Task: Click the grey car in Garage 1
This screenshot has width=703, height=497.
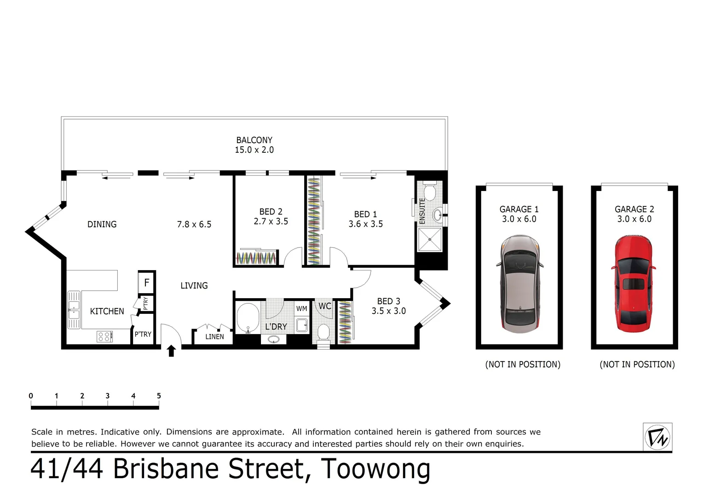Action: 519,284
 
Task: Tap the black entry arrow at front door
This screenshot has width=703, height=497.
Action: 171,351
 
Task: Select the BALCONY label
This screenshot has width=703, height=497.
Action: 254,140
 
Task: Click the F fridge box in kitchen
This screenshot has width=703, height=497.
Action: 147,282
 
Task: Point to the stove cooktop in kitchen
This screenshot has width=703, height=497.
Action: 104,336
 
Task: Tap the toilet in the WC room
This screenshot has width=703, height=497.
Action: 324,332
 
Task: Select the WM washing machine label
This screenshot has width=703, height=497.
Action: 301,309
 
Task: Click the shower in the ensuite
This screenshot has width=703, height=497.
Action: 429,239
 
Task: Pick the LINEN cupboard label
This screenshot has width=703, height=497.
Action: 214,337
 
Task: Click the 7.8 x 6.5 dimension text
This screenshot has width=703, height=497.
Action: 194,225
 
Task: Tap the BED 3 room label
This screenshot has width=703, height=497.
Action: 388,301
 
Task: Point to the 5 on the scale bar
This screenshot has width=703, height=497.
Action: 159,396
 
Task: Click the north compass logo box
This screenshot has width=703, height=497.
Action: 657,437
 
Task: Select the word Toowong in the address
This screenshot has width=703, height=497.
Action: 375,469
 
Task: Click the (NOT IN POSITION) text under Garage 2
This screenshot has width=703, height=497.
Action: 637,364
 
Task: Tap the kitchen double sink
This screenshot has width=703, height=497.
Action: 74,310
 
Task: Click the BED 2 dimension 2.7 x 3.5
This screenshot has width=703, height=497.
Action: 271,221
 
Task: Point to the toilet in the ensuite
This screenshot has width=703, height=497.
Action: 429,192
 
